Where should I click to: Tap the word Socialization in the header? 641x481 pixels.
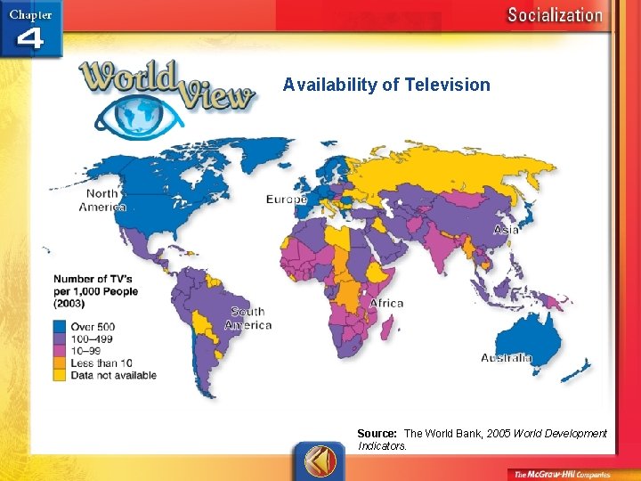(554, 15)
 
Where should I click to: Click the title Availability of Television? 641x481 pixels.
(386, 85)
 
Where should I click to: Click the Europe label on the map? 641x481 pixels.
(287, 199)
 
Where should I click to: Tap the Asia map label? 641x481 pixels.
(506, 229)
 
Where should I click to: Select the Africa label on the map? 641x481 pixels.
(385, 303)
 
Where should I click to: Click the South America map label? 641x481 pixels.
(250, 318)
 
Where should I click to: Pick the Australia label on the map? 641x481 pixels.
(507, 358)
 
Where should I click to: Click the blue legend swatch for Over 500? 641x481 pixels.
(59, 327)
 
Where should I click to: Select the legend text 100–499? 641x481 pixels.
(93, 339)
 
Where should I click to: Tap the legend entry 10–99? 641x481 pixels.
(89, 351)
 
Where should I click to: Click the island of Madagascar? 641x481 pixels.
(389, 329)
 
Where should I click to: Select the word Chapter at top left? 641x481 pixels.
(30, 14)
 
